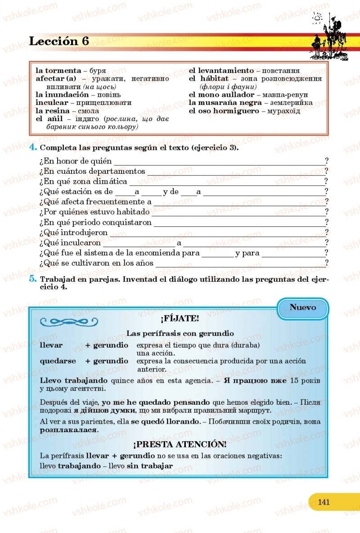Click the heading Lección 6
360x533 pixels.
tap(59, 41)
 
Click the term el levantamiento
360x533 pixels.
tap(221, 71)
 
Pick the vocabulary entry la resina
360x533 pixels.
tap(53, 111)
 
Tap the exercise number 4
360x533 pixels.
tap(33, 148)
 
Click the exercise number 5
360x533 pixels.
tap(33, 279)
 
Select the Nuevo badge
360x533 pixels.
tap(302, 308)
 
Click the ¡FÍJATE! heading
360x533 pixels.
tap(180, 319)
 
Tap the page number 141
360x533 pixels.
tap(324, 501)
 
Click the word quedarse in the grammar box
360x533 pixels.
tap(58, 361)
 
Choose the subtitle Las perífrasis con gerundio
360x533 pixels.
tap(180, 334)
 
